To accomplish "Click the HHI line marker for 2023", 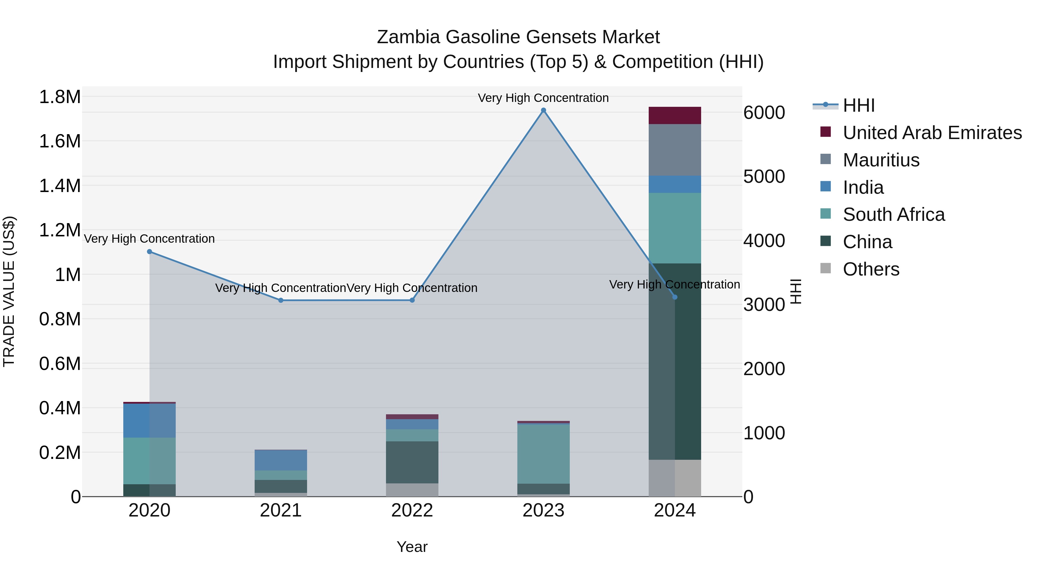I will [x=544, y=110].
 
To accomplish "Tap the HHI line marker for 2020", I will [x=149, y=251].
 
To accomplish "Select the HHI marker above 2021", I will [x=281, y=300].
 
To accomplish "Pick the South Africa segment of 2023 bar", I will [x=544, y=454].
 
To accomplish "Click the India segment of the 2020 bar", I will [x=149, y=420].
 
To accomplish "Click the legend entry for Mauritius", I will [x=881, y=160].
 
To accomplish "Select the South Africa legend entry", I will [x=893, y=214].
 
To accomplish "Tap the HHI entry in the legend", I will [x=858, y=105].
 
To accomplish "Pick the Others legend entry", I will [x=871, y=269].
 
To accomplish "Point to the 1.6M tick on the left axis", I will [x=60, y=142].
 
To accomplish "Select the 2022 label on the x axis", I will [x=412, y=510].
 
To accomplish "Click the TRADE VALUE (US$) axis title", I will [x=9, y=291].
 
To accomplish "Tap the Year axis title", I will [x=412, y=547].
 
